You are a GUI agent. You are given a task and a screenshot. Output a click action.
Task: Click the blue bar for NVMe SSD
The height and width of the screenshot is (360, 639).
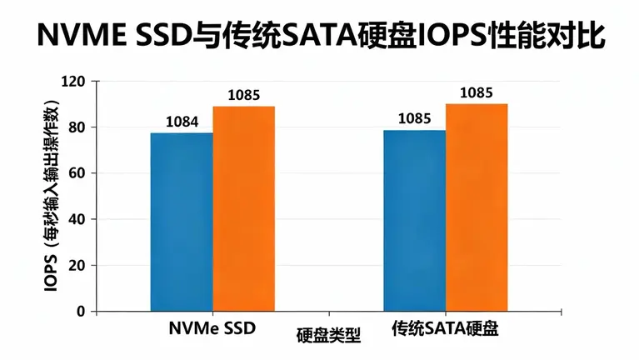182,222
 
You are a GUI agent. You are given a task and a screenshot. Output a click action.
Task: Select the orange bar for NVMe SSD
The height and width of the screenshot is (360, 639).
243,208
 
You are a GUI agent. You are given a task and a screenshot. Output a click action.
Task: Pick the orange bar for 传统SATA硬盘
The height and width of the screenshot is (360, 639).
477,207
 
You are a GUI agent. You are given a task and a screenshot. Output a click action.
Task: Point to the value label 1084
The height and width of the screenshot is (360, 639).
181,122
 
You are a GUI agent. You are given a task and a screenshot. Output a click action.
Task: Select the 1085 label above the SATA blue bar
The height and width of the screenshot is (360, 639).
414,119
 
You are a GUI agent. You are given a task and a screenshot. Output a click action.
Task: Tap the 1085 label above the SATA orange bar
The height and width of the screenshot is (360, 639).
477,92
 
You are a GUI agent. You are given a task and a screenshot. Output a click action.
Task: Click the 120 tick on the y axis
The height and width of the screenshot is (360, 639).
74,82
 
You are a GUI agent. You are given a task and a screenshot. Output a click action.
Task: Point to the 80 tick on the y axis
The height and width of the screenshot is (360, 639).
77,127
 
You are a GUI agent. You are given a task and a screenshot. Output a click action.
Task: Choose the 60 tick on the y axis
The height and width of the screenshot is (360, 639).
77,173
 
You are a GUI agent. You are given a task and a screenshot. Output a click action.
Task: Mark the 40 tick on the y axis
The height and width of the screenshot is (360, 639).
77,219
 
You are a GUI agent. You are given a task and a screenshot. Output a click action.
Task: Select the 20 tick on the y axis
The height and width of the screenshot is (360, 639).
77,266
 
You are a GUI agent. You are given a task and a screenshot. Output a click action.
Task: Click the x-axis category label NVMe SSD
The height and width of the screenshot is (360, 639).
212,328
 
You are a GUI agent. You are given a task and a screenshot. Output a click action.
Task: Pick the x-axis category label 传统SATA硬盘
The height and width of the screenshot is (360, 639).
445,328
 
